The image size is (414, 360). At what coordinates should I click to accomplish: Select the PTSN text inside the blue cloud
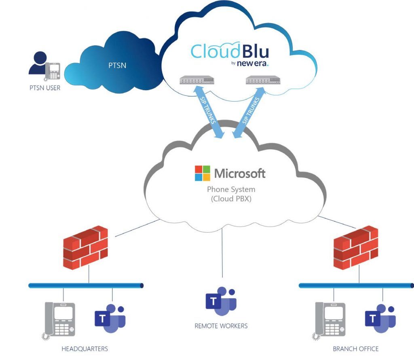[117, 65]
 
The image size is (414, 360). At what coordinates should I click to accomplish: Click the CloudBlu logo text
[230, 51]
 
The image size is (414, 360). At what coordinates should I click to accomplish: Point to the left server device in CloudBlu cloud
[197, 80]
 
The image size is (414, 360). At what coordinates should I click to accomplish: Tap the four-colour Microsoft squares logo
[203, 173]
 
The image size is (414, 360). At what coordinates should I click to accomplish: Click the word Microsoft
[240, 174]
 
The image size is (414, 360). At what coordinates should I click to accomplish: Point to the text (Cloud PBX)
[231, 199]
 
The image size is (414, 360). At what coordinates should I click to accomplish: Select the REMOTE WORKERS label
[221, 326]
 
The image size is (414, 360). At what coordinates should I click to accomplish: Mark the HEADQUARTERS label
[84, 349]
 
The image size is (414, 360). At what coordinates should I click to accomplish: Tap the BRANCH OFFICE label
[356, 349]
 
